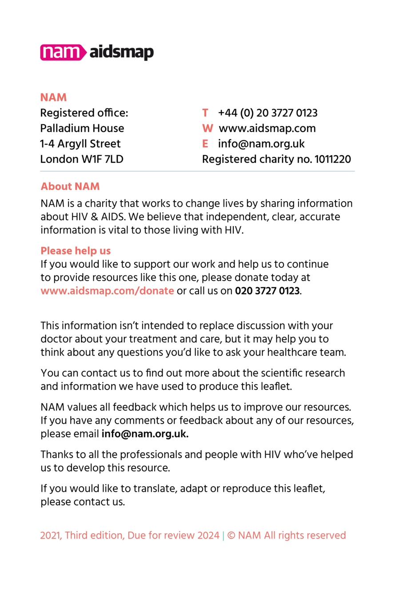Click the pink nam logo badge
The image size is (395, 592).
[63, 52]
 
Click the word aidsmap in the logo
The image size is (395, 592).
[121, 52]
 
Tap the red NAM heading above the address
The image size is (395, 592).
[53, 98]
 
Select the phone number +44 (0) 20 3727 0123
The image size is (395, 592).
[267, 113]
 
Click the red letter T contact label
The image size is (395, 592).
[205, 113]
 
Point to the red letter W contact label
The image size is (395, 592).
[207, 128]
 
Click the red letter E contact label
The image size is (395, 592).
[205, 143]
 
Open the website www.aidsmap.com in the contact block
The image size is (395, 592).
[267, 128]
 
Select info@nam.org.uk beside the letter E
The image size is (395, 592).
[261, 143]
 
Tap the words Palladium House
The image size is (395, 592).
[82, 128]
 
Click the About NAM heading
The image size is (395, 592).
[70, 186]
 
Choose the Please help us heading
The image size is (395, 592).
[76, 251]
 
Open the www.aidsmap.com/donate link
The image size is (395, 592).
[107, 291]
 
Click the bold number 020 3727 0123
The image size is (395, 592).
[267, 291]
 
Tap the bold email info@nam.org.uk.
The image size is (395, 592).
[145, 434]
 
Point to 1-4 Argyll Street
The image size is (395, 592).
[80, 143]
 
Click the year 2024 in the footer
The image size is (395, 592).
[208, 535]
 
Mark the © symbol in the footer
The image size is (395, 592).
[231, 535]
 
